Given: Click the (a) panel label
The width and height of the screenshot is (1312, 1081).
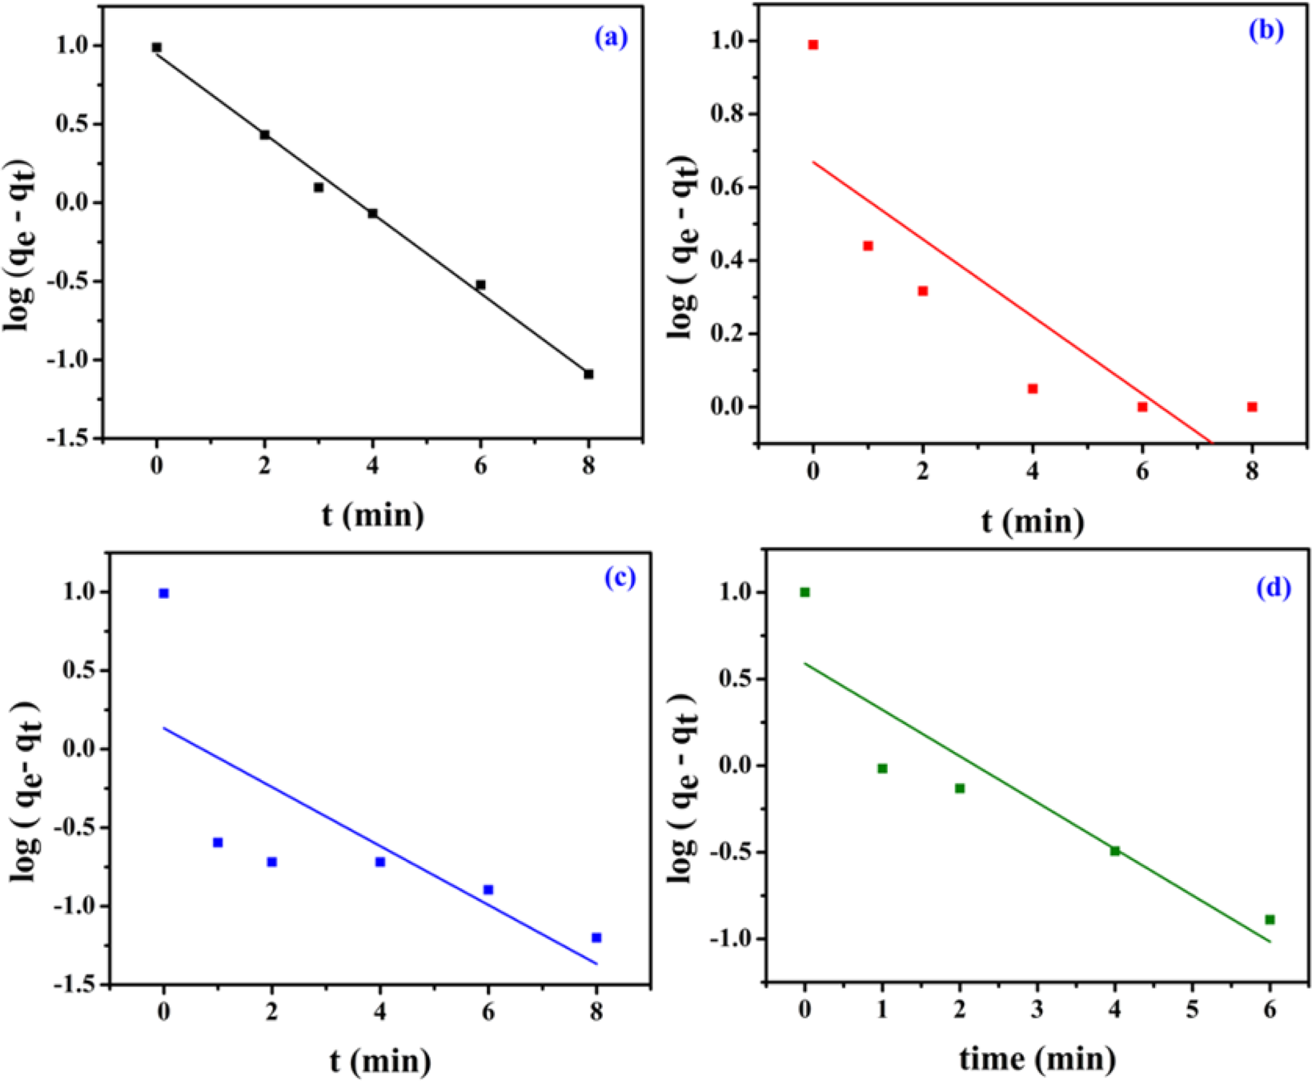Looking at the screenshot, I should [611, 37].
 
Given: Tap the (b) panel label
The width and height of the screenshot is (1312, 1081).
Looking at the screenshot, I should [1266, 30].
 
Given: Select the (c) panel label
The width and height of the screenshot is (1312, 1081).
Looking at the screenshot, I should [620, 577].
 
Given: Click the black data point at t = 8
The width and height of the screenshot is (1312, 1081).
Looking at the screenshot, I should [588, 374].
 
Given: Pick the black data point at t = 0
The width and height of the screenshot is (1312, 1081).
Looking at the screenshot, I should [157, 47].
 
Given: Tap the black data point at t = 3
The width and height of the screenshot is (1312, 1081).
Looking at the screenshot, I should [319, 187].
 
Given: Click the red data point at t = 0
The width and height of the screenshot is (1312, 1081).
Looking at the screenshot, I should [813, 45].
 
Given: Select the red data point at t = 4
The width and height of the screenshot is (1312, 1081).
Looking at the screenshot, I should [1033, 388].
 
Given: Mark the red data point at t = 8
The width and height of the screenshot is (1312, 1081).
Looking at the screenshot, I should [1252, 407].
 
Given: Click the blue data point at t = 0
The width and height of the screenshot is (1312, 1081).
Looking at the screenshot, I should [164, 593].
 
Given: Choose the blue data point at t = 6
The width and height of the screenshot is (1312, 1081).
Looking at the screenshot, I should [488, 890].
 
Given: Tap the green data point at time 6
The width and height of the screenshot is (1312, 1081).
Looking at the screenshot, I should [1270, 920].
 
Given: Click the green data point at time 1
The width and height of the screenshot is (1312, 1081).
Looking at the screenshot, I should [882, 769].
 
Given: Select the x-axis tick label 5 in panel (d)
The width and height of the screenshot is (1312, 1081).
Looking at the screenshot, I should [1192, 1010].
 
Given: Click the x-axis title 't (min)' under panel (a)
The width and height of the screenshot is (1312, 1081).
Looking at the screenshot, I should [372, 514].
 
